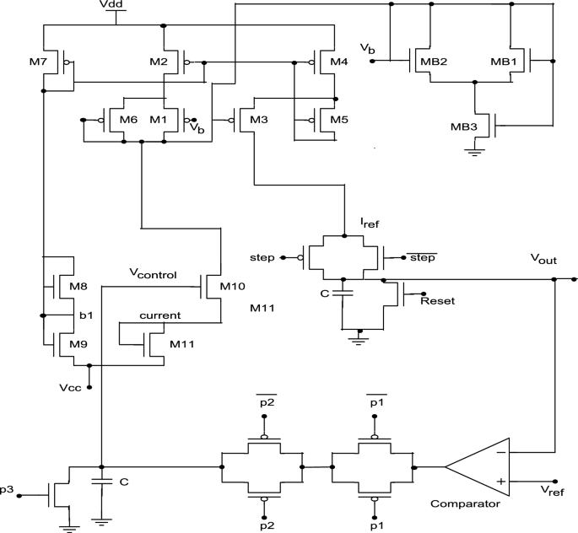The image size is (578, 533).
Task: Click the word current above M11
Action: [160, 315]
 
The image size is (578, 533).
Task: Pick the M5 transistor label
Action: [338, 119]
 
